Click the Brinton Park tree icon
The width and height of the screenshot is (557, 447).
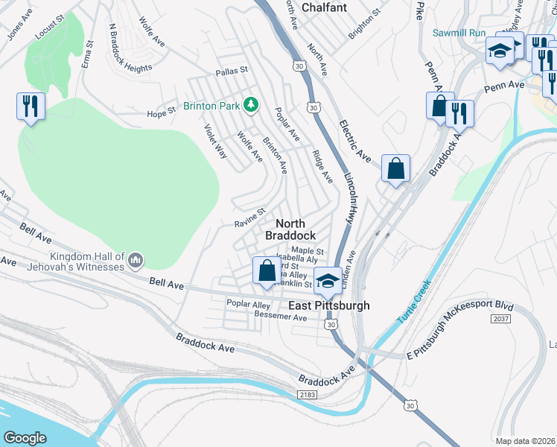(x=252, y=105)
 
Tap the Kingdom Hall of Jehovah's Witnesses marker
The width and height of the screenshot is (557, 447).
(x=135, y=260)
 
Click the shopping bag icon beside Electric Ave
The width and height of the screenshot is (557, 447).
(x=395, y=168)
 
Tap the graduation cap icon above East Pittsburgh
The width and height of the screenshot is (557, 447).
(x=327, y=280)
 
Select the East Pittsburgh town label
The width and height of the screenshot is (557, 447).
(x=328, y=305)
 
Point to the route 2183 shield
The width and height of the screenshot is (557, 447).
(x=306, y=393)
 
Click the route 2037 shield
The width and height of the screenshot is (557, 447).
(x=500, y=318)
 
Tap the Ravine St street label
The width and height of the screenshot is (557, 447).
(x=250, y=217)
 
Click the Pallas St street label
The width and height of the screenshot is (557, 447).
(x=230, y=72)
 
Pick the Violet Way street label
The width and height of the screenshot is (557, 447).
(x=216, y=141)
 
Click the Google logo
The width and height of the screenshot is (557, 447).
(x=25, y=437)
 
